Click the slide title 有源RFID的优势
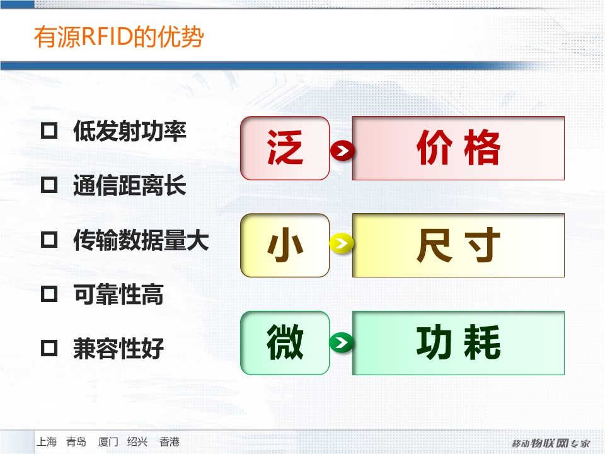click(x=119, y=37)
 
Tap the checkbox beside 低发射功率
click(x=49, y=131)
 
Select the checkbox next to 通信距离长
click(x=49, y=185)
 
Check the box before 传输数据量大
click(x=49, y=240)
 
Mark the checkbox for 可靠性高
click(x=49, y=294)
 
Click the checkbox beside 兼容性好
click(x=49, y=348)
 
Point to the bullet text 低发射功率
click(x=130, y=131)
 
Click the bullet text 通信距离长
click(x=130, y=185)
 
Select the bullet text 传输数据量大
click(x=141, y=240)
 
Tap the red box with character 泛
click(x=285, y=148)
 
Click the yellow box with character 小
click(x=285, y=245)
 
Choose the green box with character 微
click(x=285, y=343)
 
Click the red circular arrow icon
click(x=342, y=151)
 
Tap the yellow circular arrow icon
click(x=342, y=243)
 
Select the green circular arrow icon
click(x=342, y=342)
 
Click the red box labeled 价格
click(x=458, y=148)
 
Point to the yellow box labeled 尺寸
click(x=458, y=245)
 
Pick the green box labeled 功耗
click(x=458, y=343)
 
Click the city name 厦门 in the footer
click(x=108, y=441)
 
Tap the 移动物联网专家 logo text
click(x=551, y=443)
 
